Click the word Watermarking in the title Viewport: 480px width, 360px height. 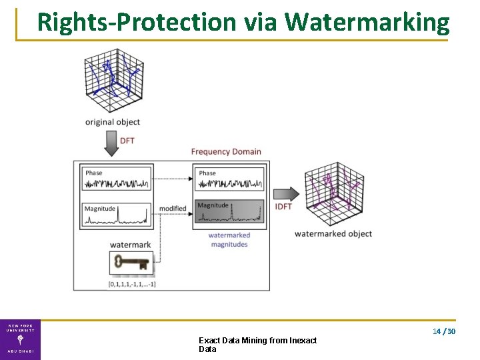pos(367,22)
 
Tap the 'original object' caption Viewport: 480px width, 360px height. pos(113,122)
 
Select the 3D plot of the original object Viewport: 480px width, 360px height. pos(113,79)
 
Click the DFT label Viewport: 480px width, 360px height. pos(127,141)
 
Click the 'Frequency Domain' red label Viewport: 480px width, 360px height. pos(226,151)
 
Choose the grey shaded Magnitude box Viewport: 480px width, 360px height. pos(229,213)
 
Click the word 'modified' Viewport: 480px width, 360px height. pos(173,209)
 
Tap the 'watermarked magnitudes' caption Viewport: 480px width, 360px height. pos(229,239)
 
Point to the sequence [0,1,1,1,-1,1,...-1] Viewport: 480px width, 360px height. pos(132,285)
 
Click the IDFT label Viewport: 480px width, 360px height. pos(283,207)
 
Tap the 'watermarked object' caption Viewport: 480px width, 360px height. pos(333,234)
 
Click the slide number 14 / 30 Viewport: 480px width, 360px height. pos(443,331)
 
